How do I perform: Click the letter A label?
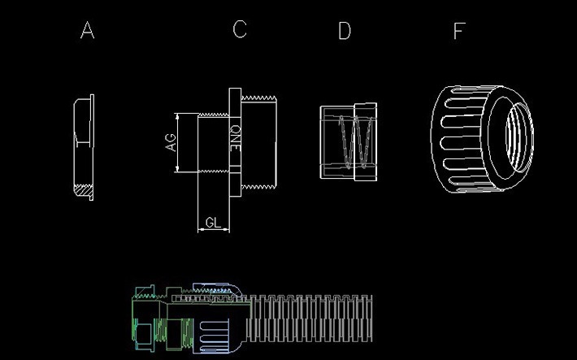pyautogui.click(x=88, y=31)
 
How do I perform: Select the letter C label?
pyautogui.click(x=239, y=29)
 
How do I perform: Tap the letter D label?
pyautogui.click(x=345, y=31)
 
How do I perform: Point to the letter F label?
pyautogui.click(x=459, y=31)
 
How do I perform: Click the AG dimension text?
pyautogui.click(x=171, y=143)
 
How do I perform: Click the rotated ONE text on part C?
pyautogui.click(x=235, y=139)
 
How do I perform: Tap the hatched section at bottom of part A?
pyautogui.click(x=82, y=193)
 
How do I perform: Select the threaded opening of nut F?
pyautogui.click(x=514, y=135)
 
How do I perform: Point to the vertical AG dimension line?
pyautogui.click(x=178, y=143)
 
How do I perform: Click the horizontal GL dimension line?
pyautogui.click(x=214, y=231)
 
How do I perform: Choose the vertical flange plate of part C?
pyautogui.click(x=236, y=142)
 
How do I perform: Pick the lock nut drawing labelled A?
pyautogui.click(x=82, y=147)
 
